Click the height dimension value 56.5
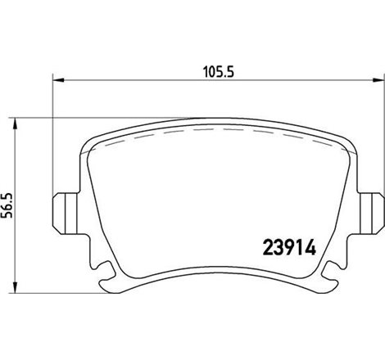(x=8, y=201)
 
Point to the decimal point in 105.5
(x=220, y=74)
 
